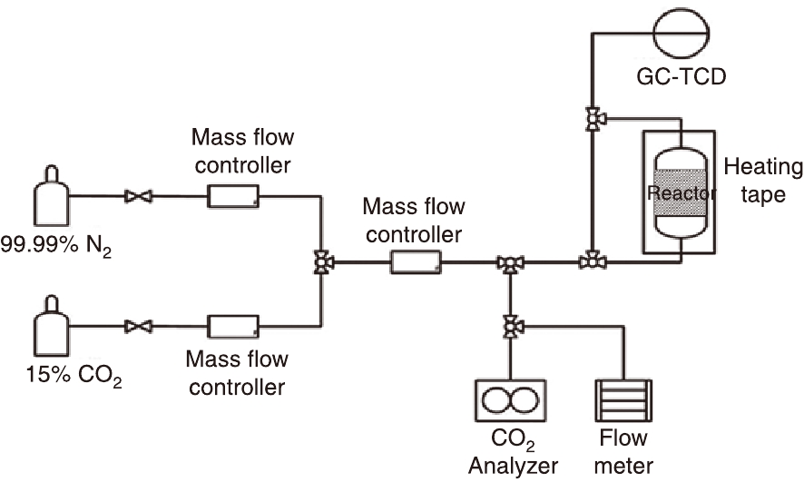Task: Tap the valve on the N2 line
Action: (140, 195)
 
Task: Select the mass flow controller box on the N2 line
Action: (233, 195)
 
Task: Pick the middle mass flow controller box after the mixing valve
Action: (416, 263)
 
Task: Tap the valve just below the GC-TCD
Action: (593, 119)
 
